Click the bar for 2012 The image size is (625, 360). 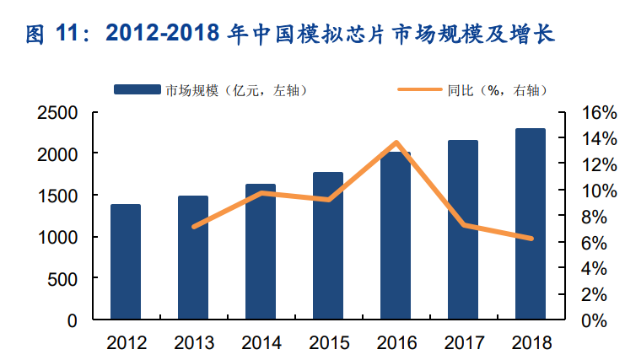(x=126, y=262)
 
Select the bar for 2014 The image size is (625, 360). (x=261, y=252)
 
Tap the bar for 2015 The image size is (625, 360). (x=328, y=246)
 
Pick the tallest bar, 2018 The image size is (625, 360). (x=531, y=224)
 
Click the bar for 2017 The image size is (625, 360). (x=463, y=230)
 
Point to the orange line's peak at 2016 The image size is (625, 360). (x=396, y=142)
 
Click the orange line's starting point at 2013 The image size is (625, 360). (x=194, y=227)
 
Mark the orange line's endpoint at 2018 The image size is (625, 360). (x=531, y=239)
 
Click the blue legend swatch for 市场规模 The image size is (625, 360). (x=138, y=89)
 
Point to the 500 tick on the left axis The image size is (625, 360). (x=64, y=279)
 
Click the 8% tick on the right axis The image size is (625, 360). (x=584, y=217)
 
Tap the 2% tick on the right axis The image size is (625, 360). (x=584, y=294)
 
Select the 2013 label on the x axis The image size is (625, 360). (x=194, y=342)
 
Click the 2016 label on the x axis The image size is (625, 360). (x=396, y=342)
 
